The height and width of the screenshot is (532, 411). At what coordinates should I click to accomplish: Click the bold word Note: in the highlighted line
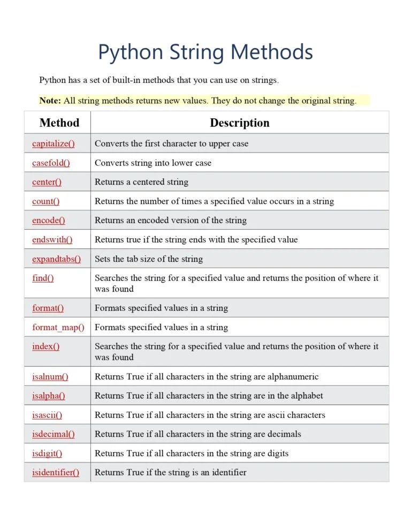[x=50, y=101]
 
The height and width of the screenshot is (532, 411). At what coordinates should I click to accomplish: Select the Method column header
[x=59, y=123]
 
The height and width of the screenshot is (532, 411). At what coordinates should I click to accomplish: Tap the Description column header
[x=239, y=123]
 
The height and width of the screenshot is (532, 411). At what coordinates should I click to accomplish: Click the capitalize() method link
[x=53, y=143]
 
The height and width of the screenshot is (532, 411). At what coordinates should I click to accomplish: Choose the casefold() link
[x=51, y=163]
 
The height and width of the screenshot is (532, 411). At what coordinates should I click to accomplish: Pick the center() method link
[x=47, y=182]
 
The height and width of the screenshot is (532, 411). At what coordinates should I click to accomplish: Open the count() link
[x=45, y=201]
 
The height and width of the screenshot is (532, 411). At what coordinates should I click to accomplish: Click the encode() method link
[x=48, y=221]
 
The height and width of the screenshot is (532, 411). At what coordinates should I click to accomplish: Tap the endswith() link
[x=52, y=240]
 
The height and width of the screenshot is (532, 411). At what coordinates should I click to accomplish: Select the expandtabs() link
[x=56, y=259]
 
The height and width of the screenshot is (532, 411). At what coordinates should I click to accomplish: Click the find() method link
[x=43, y=278]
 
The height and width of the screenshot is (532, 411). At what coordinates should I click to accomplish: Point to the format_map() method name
[x=58, y=327]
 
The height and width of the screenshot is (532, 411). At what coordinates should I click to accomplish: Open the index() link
[x=45, y=346]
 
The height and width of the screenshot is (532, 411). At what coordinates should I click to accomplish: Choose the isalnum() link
[x=50, y=377]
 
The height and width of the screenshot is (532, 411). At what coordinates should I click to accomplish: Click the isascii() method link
[x=47, y=415]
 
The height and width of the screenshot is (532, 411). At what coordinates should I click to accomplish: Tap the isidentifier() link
[x=55, y=473]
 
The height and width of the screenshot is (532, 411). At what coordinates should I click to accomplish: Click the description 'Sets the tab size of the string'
[x=149, y=259]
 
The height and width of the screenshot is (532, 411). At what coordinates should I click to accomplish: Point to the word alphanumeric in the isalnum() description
[x=293, y=377]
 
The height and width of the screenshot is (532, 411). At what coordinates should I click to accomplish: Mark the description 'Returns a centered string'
[x=141, y=182]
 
